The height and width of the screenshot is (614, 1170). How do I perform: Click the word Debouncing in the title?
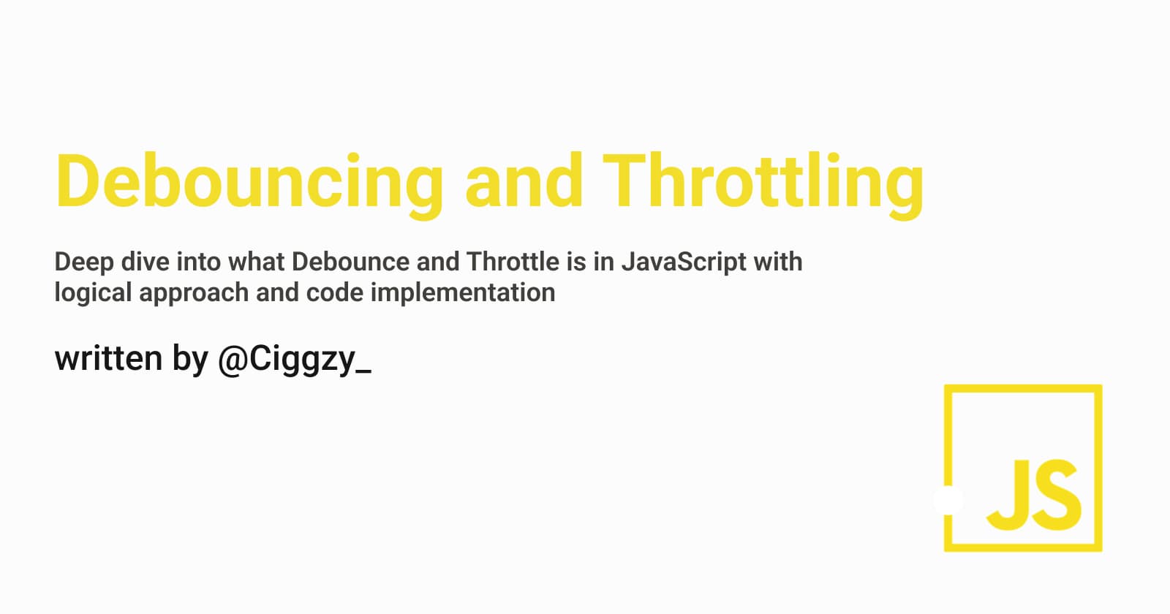249,185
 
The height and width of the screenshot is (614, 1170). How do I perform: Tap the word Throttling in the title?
763,185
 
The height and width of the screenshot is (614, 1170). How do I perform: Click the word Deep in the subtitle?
84,263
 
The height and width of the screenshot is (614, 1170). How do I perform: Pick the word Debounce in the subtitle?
350,262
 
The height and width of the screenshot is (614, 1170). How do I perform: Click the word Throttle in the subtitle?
513,262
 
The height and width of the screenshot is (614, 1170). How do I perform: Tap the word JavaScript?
683,263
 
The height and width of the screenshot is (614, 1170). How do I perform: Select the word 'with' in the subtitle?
778,262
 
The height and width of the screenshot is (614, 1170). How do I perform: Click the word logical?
93,293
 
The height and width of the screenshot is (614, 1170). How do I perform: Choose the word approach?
194,293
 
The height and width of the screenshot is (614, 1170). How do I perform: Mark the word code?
335,292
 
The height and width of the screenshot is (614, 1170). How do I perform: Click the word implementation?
463,293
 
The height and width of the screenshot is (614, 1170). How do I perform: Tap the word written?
109,359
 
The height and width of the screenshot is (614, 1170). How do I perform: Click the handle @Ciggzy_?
295,361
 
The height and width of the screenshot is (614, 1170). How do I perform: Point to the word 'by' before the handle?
190,361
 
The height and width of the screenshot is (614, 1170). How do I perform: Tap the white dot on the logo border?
948,500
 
